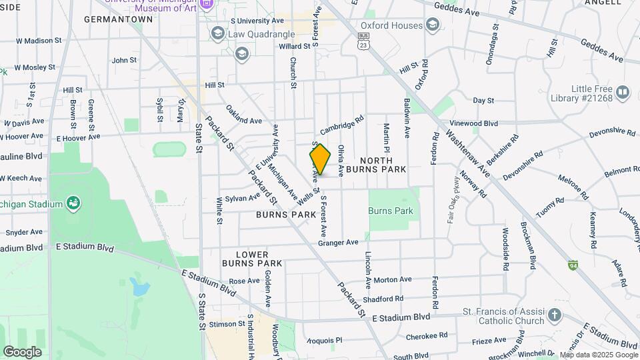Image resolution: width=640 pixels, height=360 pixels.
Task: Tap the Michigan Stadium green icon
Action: click(73, 202)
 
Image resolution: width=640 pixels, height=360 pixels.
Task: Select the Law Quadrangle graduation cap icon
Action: click(217, 33)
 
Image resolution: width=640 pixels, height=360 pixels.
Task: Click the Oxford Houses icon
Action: click(433, 25)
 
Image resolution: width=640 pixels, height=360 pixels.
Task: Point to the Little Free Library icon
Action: click(623, 92)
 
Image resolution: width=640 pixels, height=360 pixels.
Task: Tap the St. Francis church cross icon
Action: click(555, 315)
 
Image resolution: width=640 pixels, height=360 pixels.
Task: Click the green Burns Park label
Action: click(391, 211)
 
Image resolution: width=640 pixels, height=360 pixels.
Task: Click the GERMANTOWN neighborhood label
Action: click(119, 19)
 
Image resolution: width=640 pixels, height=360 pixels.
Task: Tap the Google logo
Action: click(22, 351)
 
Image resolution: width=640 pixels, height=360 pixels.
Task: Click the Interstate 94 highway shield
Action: click(573, 265)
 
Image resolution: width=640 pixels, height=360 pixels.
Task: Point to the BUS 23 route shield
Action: click(363, 41)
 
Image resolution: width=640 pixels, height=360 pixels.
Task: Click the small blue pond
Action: click(140, 287)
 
